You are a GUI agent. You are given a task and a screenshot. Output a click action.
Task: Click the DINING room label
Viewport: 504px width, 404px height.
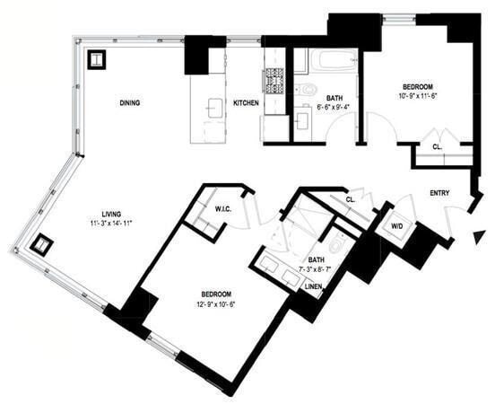click(x=130, y=103)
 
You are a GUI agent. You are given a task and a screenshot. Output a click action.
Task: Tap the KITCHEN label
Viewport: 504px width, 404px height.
click(x=246, y=103)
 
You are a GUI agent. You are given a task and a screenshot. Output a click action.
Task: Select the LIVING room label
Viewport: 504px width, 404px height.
click(x=111, y=214)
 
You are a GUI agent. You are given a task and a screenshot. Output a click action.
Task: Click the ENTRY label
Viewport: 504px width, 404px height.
click(x=439, y=192)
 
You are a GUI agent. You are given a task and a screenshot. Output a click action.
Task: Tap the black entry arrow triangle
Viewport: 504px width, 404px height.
click(x=479, y=237)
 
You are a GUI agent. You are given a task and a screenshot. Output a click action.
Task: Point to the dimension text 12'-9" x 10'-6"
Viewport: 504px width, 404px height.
click(x=217, y=303)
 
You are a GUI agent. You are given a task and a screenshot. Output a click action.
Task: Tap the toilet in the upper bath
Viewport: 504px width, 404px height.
click(x=308, y=89)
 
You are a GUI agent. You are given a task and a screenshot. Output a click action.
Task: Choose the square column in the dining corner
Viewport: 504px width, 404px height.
click(x=96, y=60)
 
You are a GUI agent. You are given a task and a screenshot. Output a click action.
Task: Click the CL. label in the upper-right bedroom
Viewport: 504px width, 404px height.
click(x=437, y=146)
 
